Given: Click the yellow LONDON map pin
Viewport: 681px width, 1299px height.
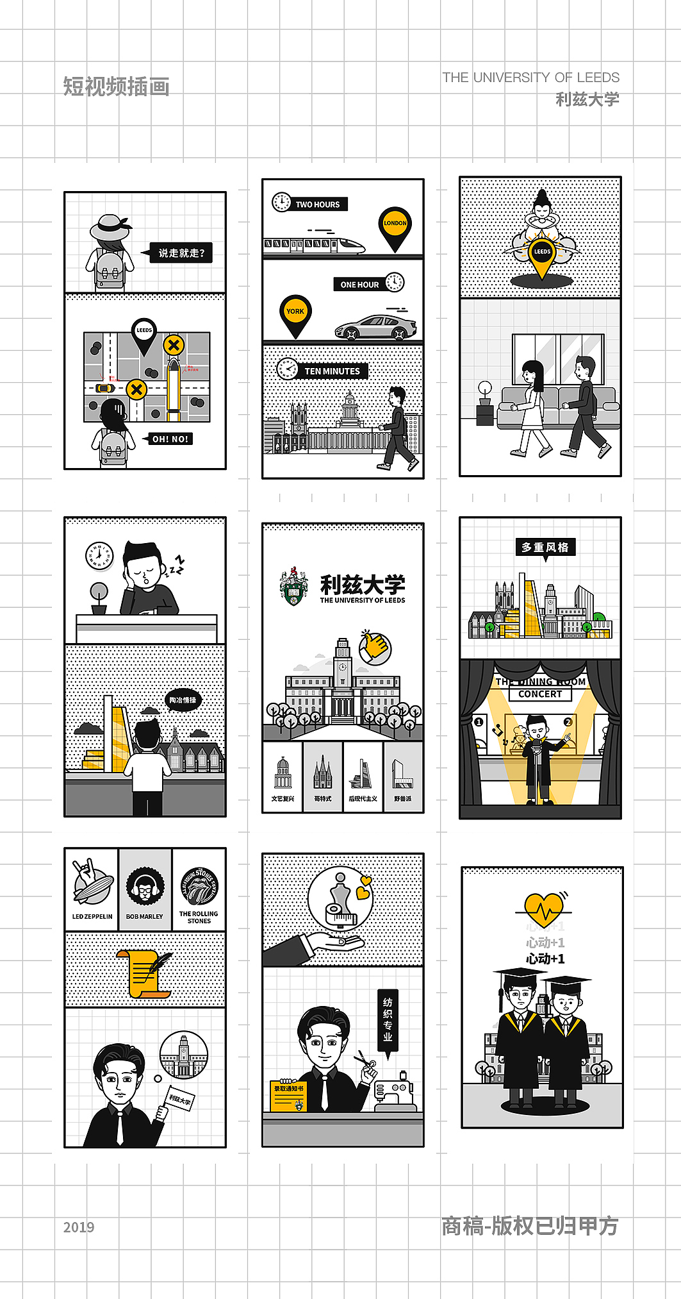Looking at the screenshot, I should click(395, 225).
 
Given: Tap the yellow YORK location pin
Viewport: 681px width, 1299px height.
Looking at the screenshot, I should click(295, 313).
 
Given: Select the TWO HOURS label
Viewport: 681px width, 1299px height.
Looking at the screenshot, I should click(317, 205).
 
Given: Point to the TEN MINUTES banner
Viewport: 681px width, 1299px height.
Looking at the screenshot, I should click(332, 371).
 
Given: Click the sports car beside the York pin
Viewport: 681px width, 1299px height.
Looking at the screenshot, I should click(376, 327).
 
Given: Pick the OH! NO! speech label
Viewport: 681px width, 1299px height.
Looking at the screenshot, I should click(170, 439).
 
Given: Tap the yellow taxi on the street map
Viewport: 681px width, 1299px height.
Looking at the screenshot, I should click(105, 388).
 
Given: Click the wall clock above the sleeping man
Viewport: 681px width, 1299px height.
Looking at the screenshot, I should click(99, 555).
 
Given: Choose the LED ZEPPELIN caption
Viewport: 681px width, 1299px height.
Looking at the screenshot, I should click(92, 917).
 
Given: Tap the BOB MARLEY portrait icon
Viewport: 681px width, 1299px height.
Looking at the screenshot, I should click(145, 887).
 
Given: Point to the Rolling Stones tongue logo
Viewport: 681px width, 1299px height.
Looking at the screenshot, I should click(199, 887).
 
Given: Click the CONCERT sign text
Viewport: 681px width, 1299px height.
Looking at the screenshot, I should click(540, 694).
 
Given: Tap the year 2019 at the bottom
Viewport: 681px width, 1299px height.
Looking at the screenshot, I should click(79, 1227).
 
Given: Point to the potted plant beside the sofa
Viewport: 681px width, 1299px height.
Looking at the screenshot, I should click(485, 404).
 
